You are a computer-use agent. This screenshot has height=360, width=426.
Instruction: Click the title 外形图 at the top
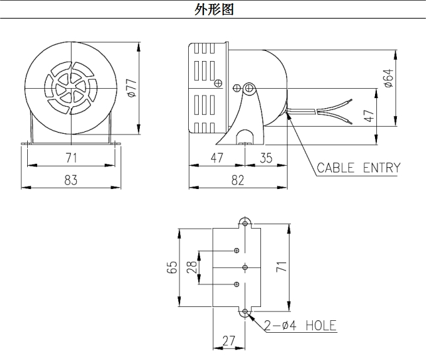click(213, 9)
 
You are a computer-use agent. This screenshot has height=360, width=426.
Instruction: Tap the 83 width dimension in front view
click(72, 179)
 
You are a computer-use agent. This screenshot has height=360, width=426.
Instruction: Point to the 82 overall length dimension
click(237, 179)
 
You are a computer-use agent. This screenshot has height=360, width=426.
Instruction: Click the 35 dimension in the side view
click(266, 157)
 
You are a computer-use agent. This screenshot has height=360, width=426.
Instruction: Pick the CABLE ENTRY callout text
click(358, 167)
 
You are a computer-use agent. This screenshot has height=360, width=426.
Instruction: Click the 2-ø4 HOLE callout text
click(300, 325)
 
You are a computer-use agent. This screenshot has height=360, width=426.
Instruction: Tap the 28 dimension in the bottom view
click(191, 267)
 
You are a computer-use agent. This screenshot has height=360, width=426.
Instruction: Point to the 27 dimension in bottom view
click(229, 341)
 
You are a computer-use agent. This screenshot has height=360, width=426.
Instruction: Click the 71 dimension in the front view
click(72, 157)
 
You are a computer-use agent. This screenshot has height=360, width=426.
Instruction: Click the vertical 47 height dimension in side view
click(369, 115)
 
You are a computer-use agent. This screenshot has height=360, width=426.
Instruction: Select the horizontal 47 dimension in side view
click(217, 157)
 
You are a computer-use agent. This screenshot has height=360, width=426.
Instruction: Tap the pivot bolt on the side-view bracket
click(250, 88)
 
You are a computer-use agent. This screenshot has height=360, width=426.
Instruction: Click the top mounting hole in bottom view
click(246, 221)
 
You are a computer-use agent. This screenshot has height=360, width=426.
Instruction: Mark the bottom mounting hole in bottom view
click(246, 312)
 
